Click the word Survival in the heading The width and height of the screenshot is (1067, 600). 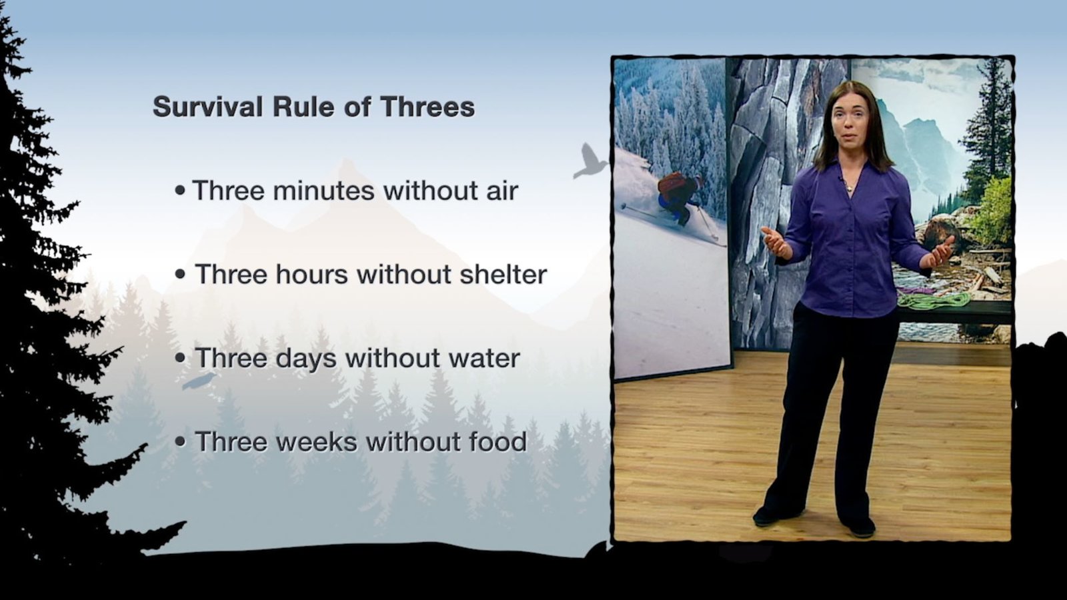pyautogui.click(x=207, y=106)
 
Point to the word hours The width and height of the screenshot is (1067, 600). pyautogui.click(x=311, y=274)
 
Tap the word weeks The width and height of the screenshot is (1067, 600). pyautogui.click(x=316, y=441)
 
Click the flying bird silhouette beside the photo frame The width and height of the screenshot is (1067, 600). pyautogui.click(x=590, y=161)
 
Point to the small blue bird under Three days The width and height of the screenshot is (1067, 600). pyautogui.click(x=199, y=381)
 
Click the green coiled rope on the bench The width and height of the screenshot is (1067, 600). pyautogui.click(x=934, y=300)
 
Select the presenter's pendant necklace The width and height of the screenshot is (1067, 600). pyautogui.click(x=850, y=188)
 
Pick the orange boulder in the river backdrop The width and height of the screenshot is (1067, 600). pyautogui.click(x=941, y=233)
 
